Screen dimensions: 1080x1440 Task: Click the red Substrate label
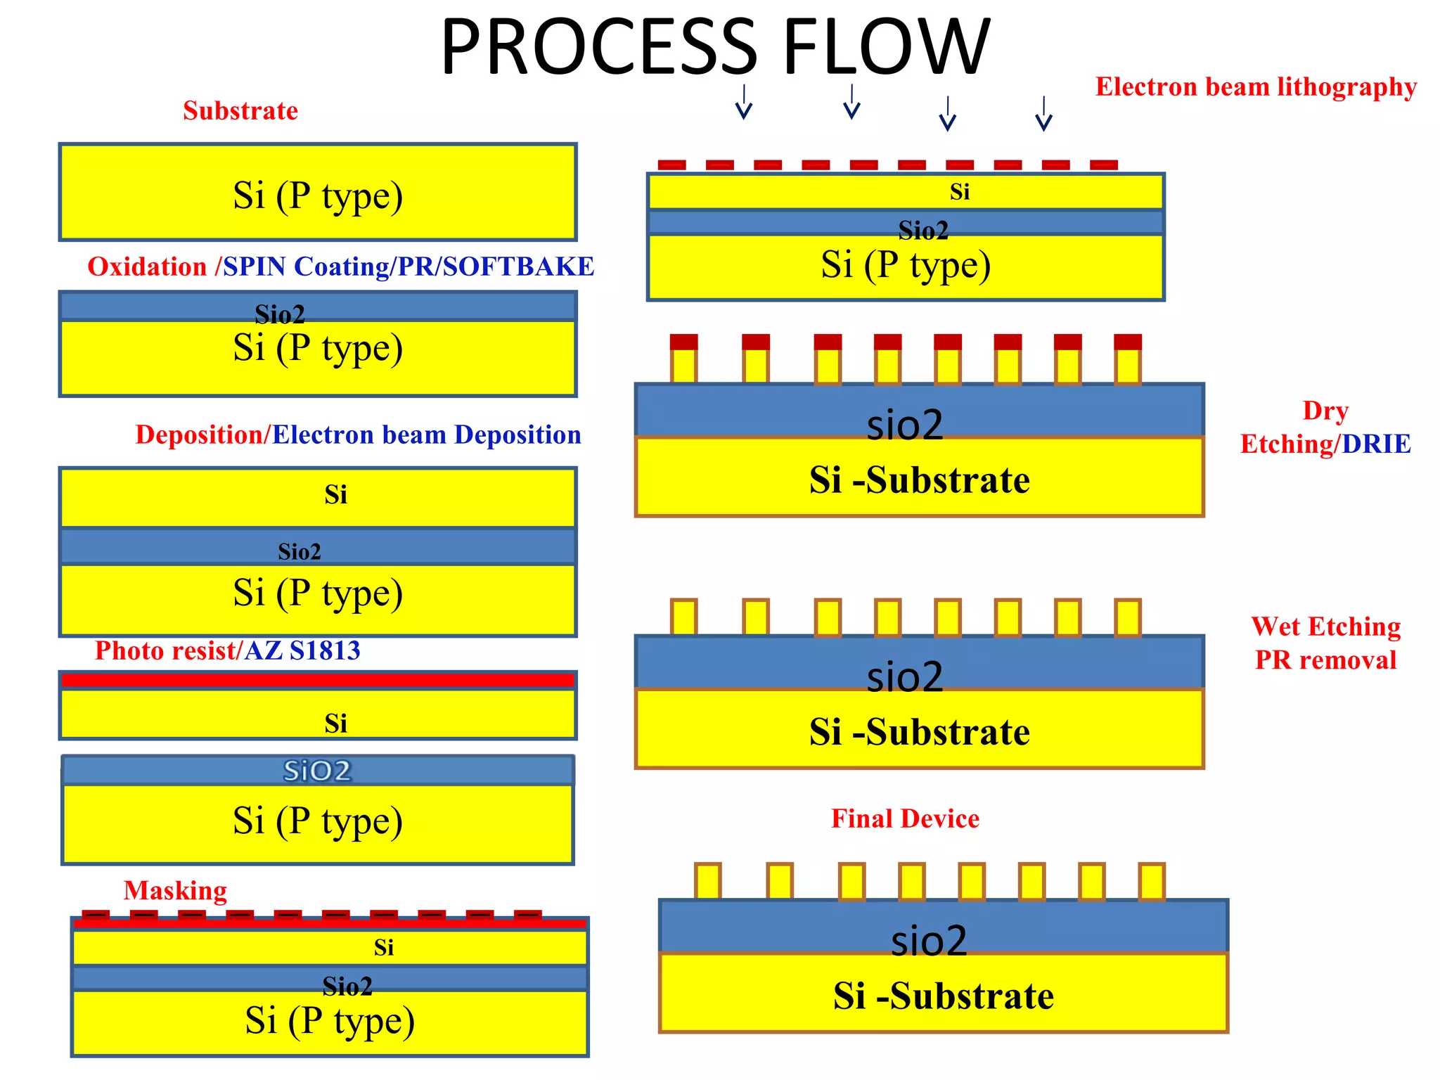240,111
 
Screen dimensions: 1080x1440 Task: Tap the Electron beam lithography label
1256,87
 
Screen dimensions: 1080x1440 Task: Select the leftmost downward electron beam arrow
744,103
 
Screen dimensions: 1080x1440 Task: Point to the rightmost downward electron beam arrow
1043,114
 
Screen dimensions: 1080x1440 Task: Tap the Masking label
175,891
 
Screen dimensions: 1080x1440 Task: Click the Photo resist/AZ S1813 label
227,651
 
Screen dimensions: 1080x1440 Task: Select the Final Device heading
905,819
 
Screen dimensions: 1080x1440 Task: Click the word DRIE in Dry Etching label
1376,444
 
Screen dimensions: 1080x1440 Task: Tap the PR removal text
1325,660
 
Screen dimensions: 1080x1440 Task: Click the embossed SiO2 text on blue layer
317,771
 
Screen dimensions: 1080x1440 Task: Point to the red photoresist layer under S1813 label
318,680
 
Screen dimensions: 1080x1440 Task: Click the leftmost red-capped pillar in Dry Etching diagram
683,359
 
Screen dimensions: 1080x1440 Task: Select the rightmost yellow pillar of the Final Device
1152,882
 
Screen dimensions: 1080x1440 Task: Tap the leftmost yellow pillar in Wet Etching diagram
683,617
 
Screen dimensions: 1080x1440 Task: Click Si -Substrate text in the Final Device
943,996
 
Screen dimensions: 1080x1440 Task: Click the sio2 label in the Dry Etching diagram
904,425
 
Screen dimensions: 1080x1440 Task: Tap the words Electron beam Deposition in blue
426,435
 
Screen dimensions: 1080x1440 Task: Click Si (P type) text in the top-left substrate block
318,195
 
